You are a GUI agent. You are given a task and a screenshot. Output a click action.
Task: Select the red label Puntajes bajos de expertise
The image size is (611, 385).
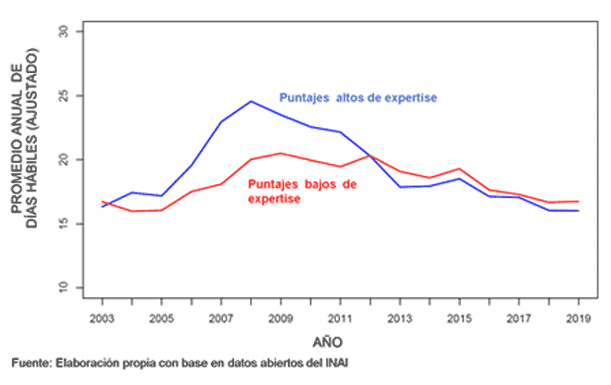[303, 191]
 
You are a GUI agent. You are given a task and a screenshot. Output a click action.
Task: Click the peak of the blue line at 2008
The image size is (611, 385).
[251, 101]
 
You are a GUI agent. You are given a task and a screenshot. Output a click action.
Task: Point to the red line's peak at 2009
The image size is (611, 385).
[281, 153]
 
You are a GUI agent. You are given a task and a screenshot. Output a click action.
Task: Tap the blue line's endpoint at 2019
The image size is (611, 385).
[578, 211]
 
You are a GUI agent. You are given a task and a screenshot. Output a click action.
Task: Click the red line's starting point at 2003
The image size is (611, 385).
[103, 202]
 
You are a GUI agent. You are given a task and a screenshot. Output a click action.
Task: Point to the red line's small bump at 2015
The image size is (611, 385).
[459, 169]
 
